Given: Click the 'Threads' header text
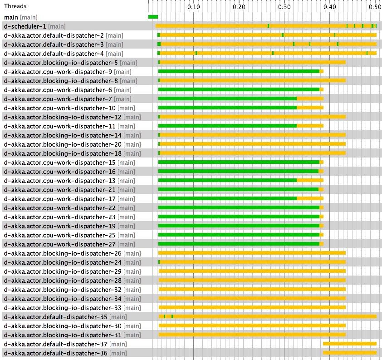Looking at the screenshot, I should pyautogui.click(x=15, y=6).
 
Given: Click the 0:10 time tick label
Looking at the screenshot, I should pyautogui.click(x=193, y=7).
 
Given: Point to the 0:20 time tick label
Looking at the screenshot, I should pyautogui.click(x=239, y=7).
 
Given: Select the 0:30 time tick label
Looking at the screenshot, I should pyautogui.click(x=284, y=7).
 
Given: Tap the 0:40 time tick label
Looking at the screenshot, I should pyautogui.click(x=329, y=7).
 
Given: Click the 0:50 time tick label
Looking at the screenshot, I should pyautogui.click(x=374, y=7).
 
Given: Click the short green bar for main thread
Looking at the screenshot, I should pyautogui.click(x=153, y=17).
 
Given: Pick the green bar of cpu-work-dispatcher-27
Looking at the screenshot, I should pyautogui.click(x=239, y=244).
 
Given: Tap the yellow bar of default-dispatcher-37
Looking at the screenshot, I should pyautogui.click(x=349, y=344).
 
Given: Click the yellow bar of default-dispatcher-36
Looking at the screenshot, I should pyautogui.click(x=349, y=353).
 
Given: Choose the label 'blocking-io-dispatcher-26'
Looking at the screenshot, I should pyautogui.click(x=62, y=253).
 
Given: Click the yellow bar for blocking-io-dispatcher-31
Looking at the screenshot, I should pyautogui.click(x=252, y=335).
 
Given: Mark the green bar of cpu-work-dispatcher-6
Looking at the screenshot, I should pyautogui.click(x=239, y=89).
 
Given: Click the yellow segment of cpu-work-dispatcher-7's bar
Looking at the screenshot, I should pyautogui.click(x=310, y=99).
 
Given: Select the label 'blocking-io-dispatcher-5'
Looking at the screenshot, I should pyautogui.click(x=60, y=63).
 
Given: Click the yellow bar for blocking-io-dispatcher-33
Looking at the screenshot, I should pyautogui.click(x=252, y=307).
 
